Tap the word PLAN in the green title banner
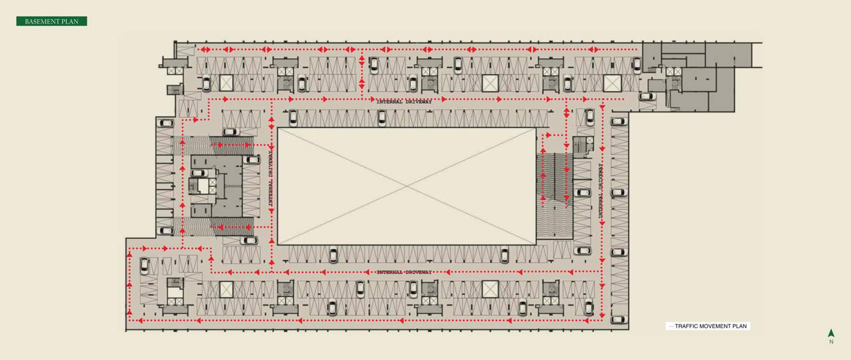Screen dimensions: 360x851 71,22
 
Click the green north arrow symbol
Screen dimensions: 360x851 831,333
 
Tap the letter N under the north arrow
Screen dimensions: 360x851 831,342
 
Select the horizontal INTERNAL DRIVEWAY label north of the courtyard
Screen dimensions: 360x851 404,101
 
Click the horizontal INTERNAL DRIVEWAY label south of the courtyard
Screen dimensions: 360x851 404,272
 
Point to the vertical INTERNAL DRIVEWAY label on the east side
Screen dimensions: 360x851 601,191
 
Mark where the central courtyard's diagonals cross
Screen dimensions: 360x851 407,185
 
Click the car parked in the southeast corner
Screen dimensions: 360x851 618,319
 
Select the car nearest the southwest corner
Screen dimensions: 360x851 145,266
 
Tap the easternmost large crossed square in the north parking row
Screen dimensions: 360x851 612,83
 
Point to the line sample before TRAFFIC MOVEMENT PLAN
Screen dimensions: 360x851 670,326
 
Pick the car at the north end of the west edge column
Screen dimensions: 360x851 166,123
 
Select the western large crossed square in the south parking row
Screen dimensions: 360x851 227,289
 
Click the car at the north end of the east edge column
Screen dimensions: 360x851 618,121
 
